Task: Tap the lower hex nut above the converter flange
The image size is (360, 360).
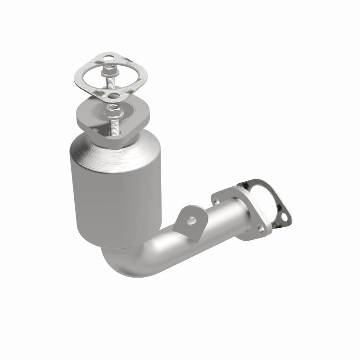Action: pyautogui.click(x=114, y=109)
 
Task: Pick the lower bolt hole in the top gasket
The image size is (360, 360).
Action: pyautogui.click(x=112, y=95)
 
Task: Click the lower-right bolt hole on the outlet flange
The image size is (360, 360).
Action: pyautogui.click(x=259, y=229)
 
